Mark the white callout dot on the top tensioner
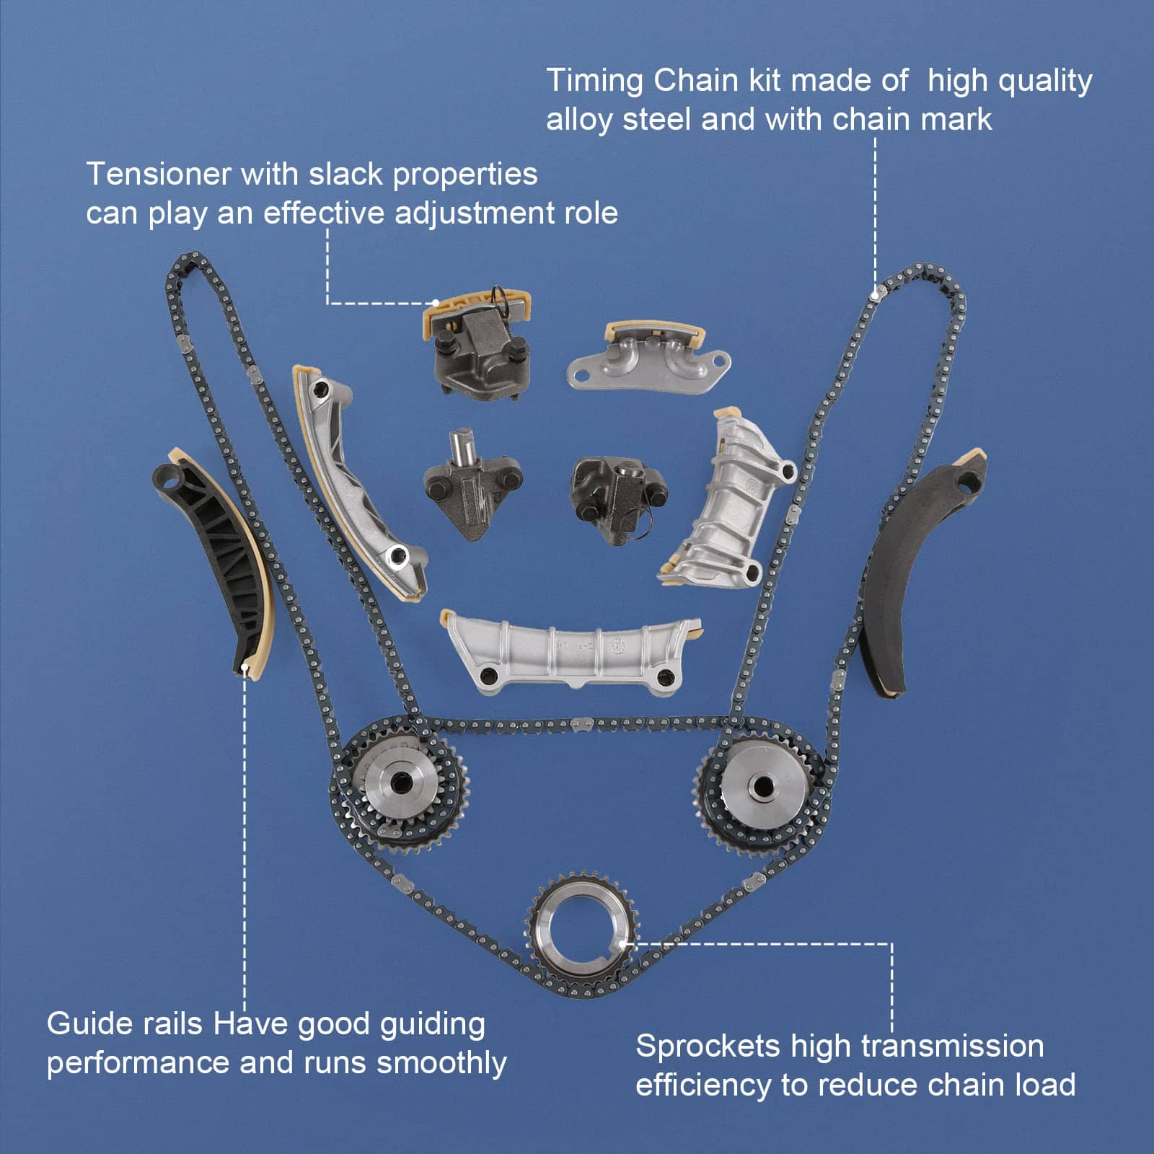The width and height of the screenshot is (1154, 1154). tap(436, 303)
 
